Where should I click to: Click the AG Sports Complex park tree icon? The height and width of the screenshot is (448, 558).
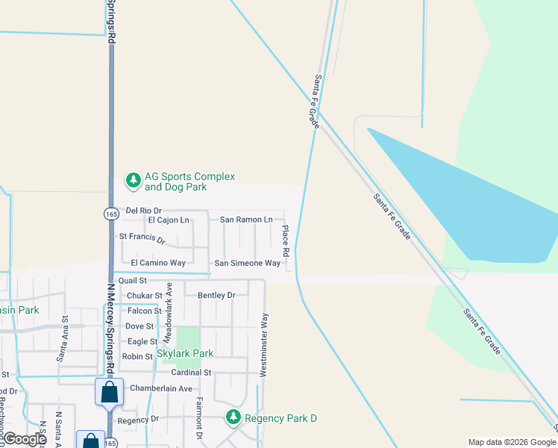tap(133, 180)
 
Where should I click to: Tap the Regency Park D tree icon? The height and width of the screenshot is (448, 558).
tap(233, 417)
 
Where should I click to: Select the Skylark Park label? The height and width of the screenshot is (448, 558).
tap(185, 353)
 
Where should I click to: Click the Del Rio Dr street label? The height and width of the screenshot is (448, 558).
tap(143, 211)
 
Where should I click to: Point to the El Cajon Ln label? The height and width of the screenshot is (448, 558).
tap(169, 220)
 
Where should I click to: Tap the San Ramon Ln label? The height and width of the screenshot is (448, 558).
tap(245, 220)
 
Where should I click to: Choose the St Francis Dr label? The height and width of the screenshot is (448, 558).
tap(142, 238)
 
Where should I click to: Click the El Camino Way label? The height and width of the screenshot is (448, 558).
tap(157, 263)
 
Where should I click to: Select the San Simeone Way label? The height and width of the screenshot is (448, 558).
tap(247, 263)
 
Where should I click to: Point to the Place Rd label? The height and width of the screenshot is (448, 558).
tap(285, 240)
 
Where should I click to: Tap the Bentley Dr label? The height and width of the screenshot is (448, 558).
tap(216, 295)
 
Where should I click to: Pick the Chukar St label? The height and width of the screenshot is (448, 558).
tap(144, 296)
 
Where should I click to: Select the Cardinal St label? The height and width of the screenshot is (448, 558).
tap(192, 372)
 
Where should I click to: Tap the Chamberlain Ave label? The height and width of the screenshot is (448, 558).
tap(161, 388)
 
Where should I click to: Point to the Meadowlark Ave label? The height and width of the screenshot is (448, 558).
tap(169, 312)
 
